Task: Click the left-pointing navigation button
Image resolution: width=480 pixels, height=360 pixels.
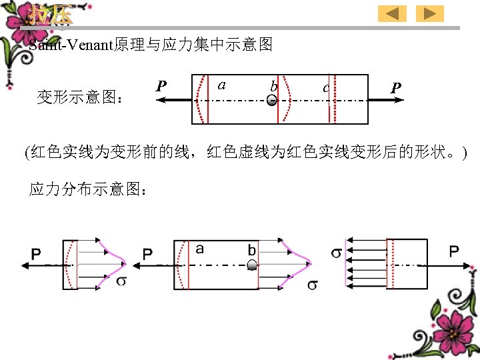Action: pos(392,13)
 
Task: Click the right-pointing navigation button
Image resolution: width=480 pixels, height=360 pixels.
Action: pos(429,13)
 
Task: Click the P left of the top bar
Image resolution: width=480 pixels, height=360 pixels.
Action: pos(161,86)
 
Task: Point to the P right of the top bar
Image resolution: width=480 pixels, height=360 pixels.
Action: pos(396,87)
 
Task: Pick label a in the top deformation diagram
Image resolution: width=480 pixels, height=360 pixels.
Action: pos(222,85)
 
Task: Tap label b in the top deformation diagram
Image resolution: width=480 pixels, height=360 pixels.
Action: pos(273,86)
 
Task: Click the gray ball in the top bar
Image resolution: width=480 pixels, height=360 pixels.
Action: pos(271,101)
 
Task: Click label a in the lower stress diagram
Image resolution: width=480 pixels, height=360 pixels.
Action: pos(200,249)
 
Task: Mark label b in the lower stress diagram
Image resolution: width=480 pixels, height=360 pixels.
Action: pos(252,249)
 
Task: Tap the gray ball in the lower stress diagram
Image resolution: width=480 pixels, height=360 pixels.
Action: pos(252,265)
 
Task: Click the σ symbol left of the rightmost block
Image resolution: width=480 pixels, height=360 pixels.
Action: pos(337,253)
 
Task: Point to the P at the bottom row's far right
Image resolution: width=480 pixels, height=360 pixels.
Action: pos(453,251)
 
